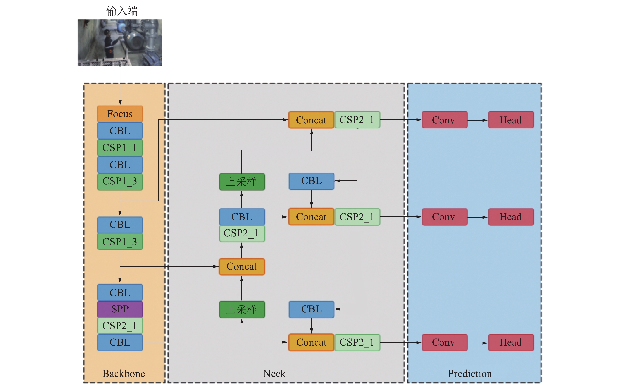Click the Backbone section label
pyautogui.click(x=124, y=373)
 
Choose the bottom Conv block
pyautogui.click(x=444, y=342)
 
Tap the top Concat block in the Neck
pyautogui.click(x=311, y=120)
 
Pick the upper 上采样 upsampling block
pyautogui.click(x=242, y=182)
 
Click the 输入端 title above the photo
pyautogui.click(x=122, y=11)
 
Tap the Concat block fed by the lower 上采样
pyautogui.click(x=242, y=267)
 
